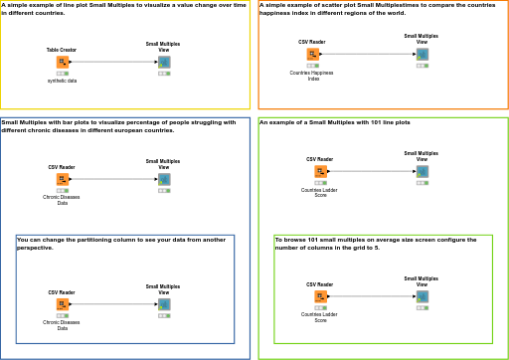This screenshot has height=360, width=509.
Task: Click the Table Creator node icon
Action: (x=62, y=62)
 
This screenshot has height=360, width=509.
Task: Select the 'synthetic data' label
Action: (x=62, y=81)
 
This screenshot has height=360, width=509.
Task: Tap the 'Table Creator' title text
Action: (x=62, y=49)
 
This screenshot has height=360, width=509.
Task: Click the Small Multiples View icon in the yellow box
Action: (x=164, y=62)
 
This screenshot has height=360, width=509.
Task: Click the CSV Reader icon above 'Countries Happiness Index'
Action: (x=312, y=54)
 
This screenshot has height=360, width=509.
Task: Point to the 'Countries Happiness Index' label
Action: (x=311, y=76)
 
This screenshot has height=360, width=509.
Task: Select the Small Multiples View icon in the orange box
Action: (x=422, y=54)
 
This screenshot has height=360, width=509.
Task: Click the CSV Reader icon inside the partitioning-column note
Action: (x=62, y=304)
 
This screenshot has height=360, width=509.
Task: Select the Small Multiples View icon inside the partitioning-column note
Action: (x=164, y=304)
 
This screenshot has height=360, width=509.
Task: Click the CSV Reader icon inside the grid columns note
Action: (x=320, y=296)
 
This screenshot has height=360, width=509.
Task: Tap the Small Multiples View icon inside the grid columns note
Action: (x=422, y=296)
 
